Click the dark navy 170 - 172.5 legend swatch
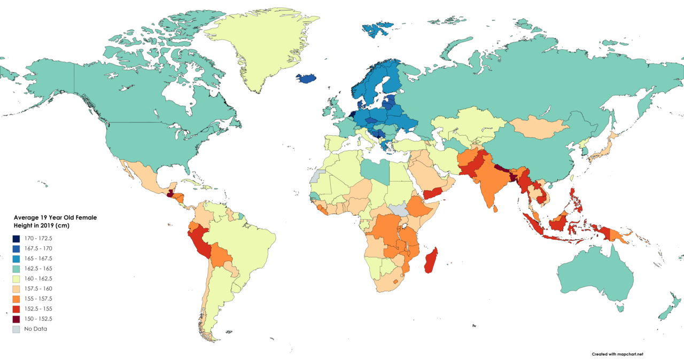coord(18,238)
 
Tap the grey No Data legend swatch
coord(18,329)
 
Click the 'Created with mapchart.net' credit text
coord(617,354)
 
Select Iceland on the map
coord(306,79)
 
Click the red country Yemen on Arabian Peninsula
coord(434,194)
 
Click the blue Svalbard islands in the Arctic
coord(376,29)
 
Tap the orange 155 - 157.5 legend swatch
coord(18,299)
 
